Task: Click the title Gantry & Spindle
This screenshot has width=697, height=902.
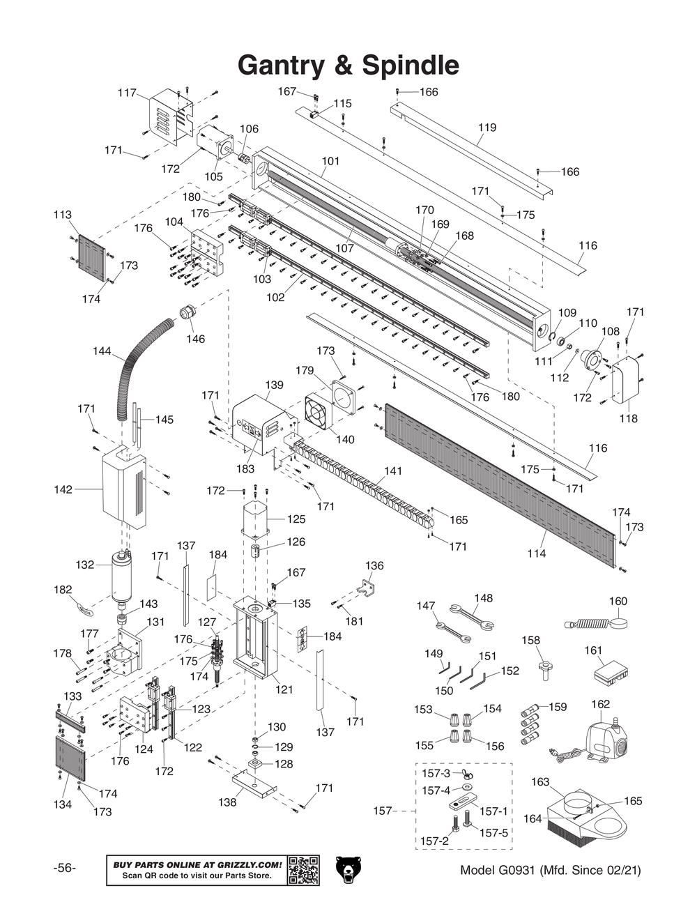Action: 348,66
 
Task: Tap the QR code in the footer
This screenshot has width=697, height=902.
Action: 303,870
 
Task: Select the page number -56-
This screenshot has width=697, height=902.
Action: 65,869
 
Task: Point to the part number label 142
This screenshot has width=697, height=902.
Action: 63,490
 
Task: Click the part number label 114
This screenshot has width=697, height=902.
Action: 536,553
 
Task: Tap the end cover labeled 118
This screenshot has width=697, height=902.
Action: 627,379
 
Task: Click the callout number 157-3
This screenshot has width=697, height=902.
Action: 436,774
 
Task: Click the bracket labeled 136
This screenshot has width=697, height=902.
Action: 367,588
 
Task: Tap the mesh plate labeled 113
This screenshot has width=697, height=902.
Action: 91,254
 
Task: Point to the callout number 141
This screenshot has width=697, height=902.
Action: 393,471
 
